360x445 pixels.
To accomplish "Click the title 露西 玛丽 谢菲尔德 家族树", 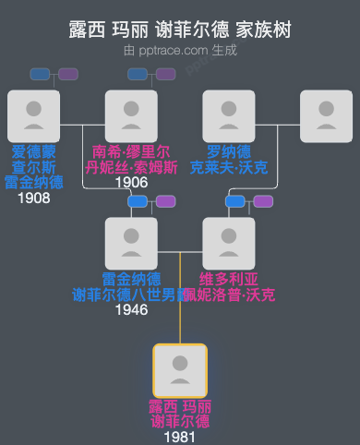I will pyautogui.click(x=180, y=30).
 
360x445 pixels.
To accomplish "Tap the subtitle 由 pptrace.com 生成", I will pyautogui.click(x=180, y=50).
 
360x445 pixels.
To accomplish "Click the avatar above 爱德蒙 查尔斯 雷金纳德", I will pyautogui.click(x=33, y=116).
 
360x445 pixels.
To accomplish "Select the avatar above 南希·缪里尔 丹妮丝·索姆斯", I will pyautogui.click(x=131, y=116).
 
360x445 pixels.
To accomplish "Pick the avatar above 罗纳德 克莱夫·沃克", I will pyautogui.click(x=229, y=116).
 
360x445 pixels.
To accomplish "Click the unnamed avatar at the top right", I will pyautogui.click(x=327, y=116).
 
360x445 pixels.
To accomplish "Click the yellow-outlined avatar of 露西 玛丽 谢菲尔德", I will pyautogui.click(x=180, y=371).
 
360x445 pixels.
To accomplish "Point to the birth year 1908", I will pyautogui.click(x=33, y=198).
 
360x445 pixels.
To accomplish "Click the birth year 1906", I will pyautogui.click(x=131, y=183).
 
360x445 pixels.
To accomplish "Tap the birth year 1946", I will pyautogui.click(x=131, y=310).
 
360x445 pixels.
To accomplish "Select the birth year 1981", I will pyautogui.click(x=180, y=437).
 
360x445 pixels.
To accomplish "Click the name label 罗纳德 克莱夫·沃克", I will pyautogui.click(x=229, y=160).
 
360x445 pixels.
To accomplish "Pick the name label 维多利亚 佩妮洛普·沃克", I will pyautogui.click(x=229, y=287).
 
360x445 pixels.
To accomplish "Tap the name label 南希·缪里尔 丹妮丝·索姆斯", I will pyautogui.click(x=131, y=160).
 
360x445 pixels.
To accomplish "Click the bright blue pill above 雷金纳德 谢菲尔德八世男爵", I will pyautogui.click(x=138, y=201).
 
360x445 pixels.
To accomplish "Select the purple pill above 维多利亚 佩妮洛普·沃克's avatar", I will pyautogui.click(x=263, y=201).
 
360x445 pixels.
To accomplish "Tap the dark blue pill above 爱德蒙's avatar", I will pyautogui.click(x=40, y=74).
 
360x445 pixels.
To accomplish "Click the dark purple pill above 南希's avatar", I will pyautogui.click(x=166, y=74).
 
